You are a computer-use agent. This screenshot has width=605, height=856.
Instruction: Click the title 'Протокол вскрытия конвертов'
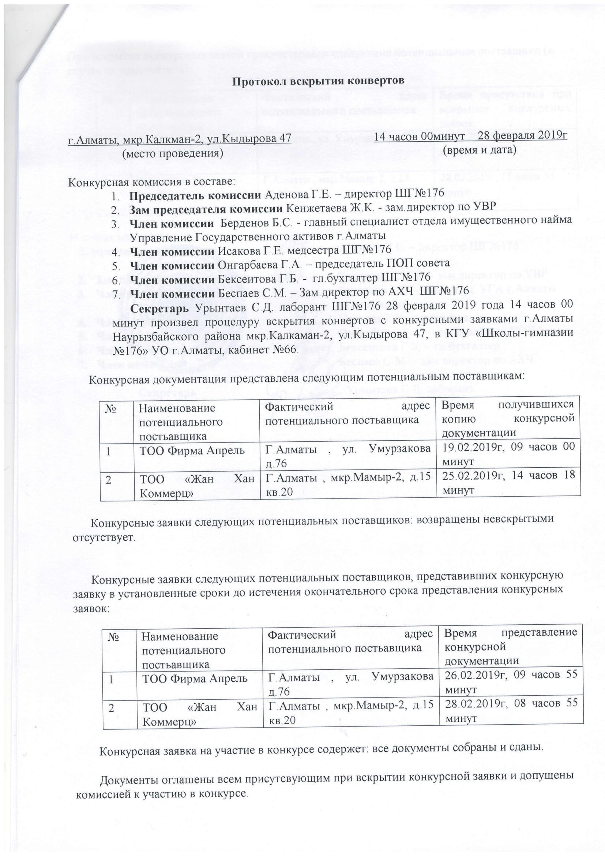(x=319, y=81)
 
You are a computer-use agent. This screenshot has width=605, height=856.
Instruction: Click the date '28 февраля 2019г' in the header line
(x=522, y=136)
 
